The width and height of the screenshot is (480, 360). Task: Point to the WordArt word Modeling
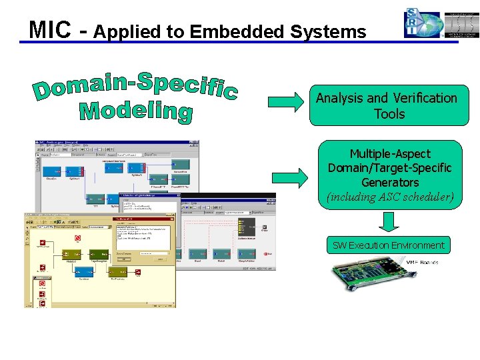tap(136, 111)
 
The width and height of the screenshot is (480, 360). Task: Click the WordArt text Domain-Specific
tap(136, 89)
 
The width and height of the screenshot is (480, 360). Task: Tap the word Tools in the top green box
tap(389, 114)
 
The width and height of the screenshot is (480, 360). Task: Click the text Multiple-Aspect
tap(390, 153)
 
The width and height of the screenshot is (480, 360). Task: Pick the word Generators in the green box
tap(390, 182)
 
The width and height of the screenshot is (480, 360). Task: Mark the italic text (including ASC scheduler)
tap(390, 197)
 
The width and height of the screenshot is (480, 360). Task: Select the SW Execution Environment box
tap(389, 245)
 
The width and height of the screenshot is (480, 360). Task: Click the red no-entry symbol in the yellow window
tap(77, 237)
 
